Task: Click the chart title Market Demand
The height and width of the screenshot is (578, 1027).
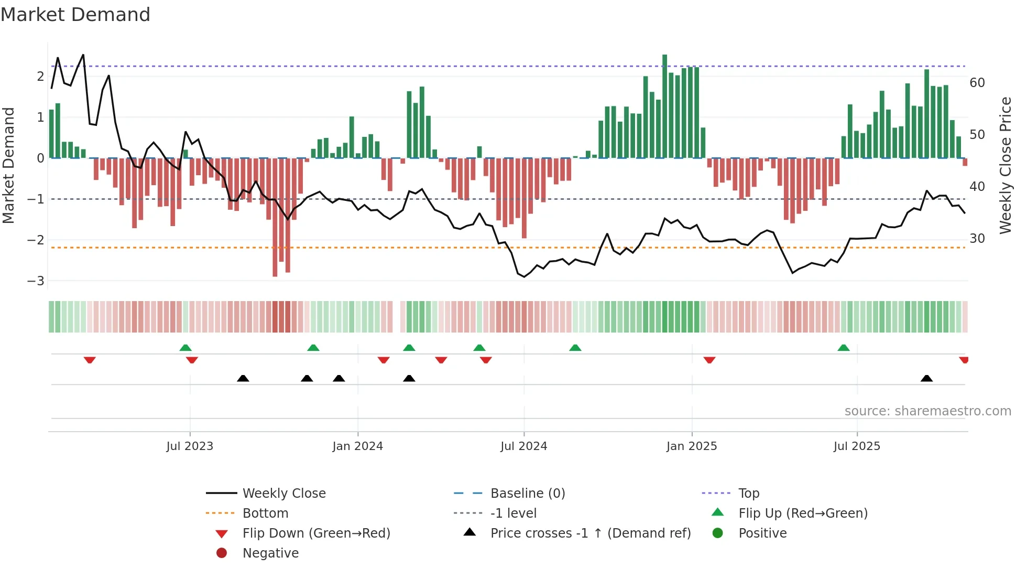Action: (x=75, y=15)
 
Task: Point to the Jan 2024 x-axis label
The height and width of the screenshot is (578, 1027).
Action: (x=357, y=446)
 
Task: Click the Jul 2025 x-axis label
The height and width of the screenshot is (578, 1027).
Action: (x=857, y=446)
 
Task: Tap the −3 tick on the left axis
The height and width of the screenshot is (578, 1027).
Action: (x=36, y=281)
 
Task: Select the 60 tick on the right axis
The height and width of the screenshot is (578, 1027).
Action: (x=977, y=82)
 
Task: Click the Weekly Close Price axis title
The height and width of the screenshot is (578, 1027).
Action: (x=1005, y=165)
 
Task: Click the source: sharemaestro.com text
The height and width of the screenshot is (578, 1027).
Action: (x=927, y=411)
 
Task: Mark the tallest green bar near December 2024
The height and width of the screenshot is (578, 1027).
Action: (x=664, y=105)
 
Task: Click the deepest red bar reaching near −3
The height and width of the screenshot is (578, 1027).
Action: (x=275, y=218)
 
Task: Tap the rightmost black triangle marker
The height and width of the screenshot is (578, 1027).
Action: (x=926, y=378)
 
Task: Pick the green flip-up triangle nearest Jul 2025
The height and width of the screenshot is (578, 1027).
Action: (x=843, y=348)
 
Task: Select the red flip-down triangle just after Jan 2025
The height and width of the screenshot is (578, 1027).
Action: (x=709, y=360)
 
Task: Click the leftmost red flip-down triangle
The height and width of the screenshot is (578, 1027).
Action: (x=90, y=360)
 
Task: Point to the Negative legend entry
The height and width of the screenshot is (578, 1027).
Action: (x=270, y=553)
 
